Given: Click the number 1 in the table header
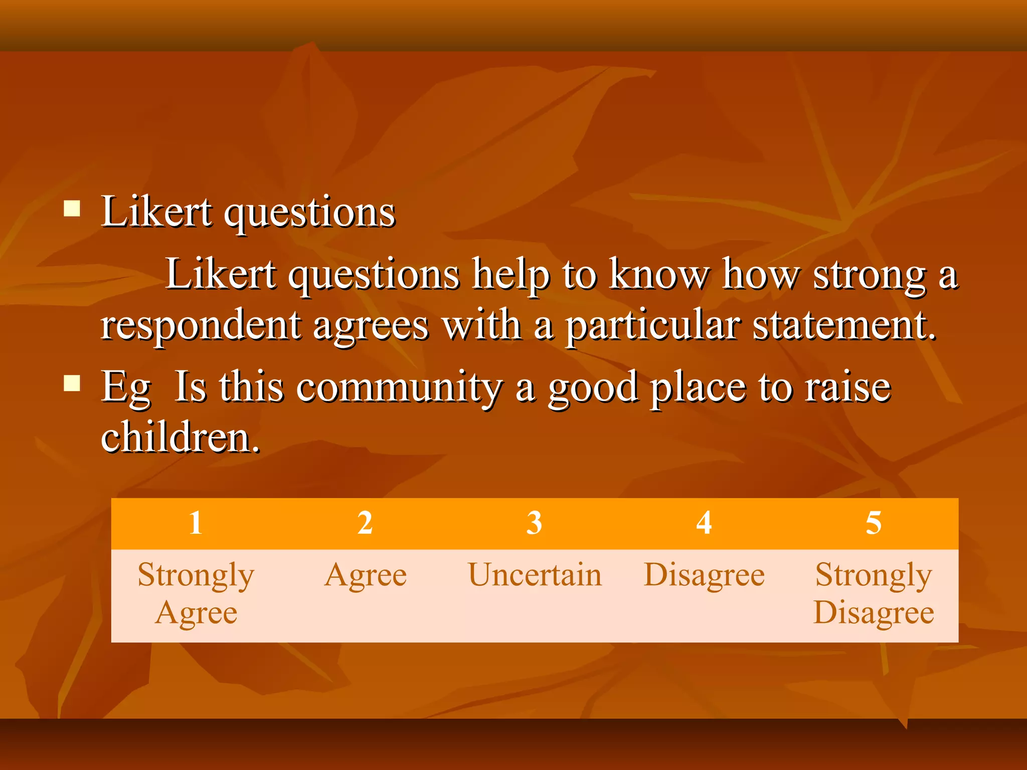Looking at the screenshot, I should click(x=196, y=523).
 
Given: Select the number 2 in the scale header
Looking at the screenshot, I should click(x=365, y=523).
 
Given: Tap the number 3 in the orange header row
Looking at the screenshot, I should click(x=535, y=523).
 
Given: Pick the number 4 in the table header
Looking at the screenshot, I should click(x=704, y=523).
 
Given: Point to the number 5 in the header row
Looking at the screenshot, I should click(x=874, y=523).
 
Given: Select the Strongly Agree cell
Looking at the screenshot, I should click(x=196, y=594).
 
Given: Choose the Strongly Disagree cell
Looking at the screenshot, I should click(x=874, y=594).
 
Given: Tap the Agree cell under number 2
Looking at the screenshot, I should click(x=365, y=575).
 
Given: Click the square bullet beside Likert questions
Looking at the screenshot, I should click(x=72, y=208).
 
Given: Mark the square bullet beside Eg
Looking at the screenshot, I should click(x=72, y=383).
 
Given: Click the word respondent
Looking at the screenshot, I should click(x=201, y=326).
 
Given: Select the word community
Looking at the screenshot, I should click(x=399, y=388).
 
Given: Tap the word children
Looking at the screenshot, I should click(x=180, y=437).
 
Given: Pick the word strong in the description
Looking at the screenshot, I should click(x=869, y=276).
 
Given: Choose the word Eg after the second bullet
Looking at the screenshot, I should click(x=125, y=388).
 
